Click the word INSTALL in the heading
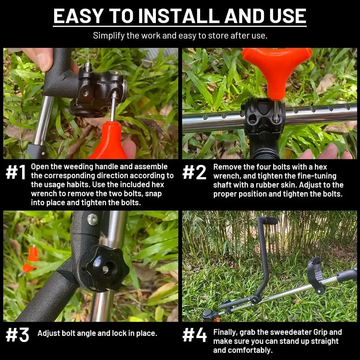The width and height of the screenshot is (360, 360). [179, 16]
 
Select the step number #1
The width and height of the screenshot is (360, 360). [16, 172]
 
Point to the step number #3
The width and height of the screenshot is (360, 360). [17, 335]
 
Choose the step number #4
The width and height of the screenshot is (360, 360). [194, 335]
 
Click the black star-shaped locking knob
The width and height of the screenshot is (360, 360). [105, 268]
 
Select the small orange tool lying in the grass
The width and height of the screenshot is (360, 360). [31, 260]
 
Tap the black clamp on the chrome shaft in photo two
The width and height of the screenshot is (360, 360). [264, 117]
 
